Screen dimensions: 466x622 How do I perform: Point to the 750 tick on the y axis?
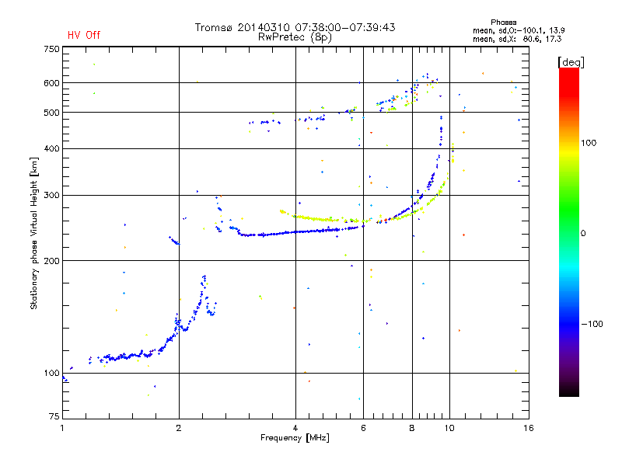[51, 49]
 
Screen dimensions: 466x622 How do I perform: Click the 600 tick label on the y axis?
[51, 83]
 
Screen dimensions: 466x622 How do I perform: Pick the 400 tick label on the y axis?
[51, 148]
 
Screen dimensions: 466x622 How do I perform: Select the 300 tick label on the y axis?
[51, 195]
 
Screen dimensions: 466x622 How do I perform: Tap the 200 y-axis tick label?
[51, 261]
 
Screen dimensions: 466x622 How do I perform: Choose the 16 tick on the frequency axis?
[527, 428]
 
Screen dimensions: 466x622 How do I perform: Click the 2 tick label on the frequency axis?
[179, 428]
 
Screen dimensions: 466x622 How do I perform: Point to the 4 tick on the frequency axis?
[295, 428]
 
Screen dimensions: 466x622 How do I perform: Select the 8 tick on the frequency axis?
[412, 428]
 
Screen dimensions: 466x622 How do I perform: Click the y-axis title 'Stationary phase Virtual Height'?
[34, 233]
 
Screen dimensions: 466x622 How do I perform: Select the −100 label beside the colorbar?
[595, 324]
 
